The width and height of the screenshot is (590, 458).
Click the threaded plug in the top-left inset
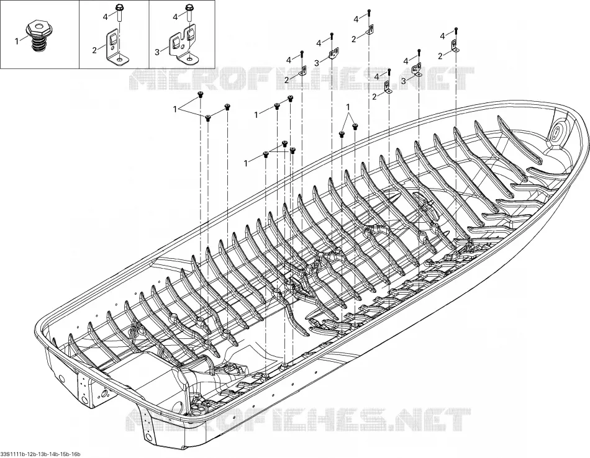(40, 37)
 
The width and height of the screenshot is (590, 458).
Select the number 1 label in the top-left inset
(17, 41)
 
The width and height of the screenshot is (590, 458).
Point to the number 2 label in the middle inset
(94, 51)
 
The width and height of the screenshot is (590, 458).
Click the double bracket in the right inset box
(184, 46)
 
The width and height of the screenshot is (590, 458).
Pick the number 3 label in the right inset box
(157, 52)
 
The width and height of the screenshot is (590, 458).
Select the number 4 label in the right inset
(176, 17)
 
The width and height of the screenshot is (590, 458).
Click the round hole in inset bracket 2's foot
(120, 58)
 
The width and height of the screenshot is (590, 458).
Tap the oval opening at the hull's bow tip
(558, 132)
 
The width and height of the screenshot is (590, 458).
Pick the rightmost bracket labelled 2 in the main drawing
(455, 46)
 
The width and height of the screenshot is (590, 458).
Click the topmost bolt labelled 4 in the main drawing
(369, 12)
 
